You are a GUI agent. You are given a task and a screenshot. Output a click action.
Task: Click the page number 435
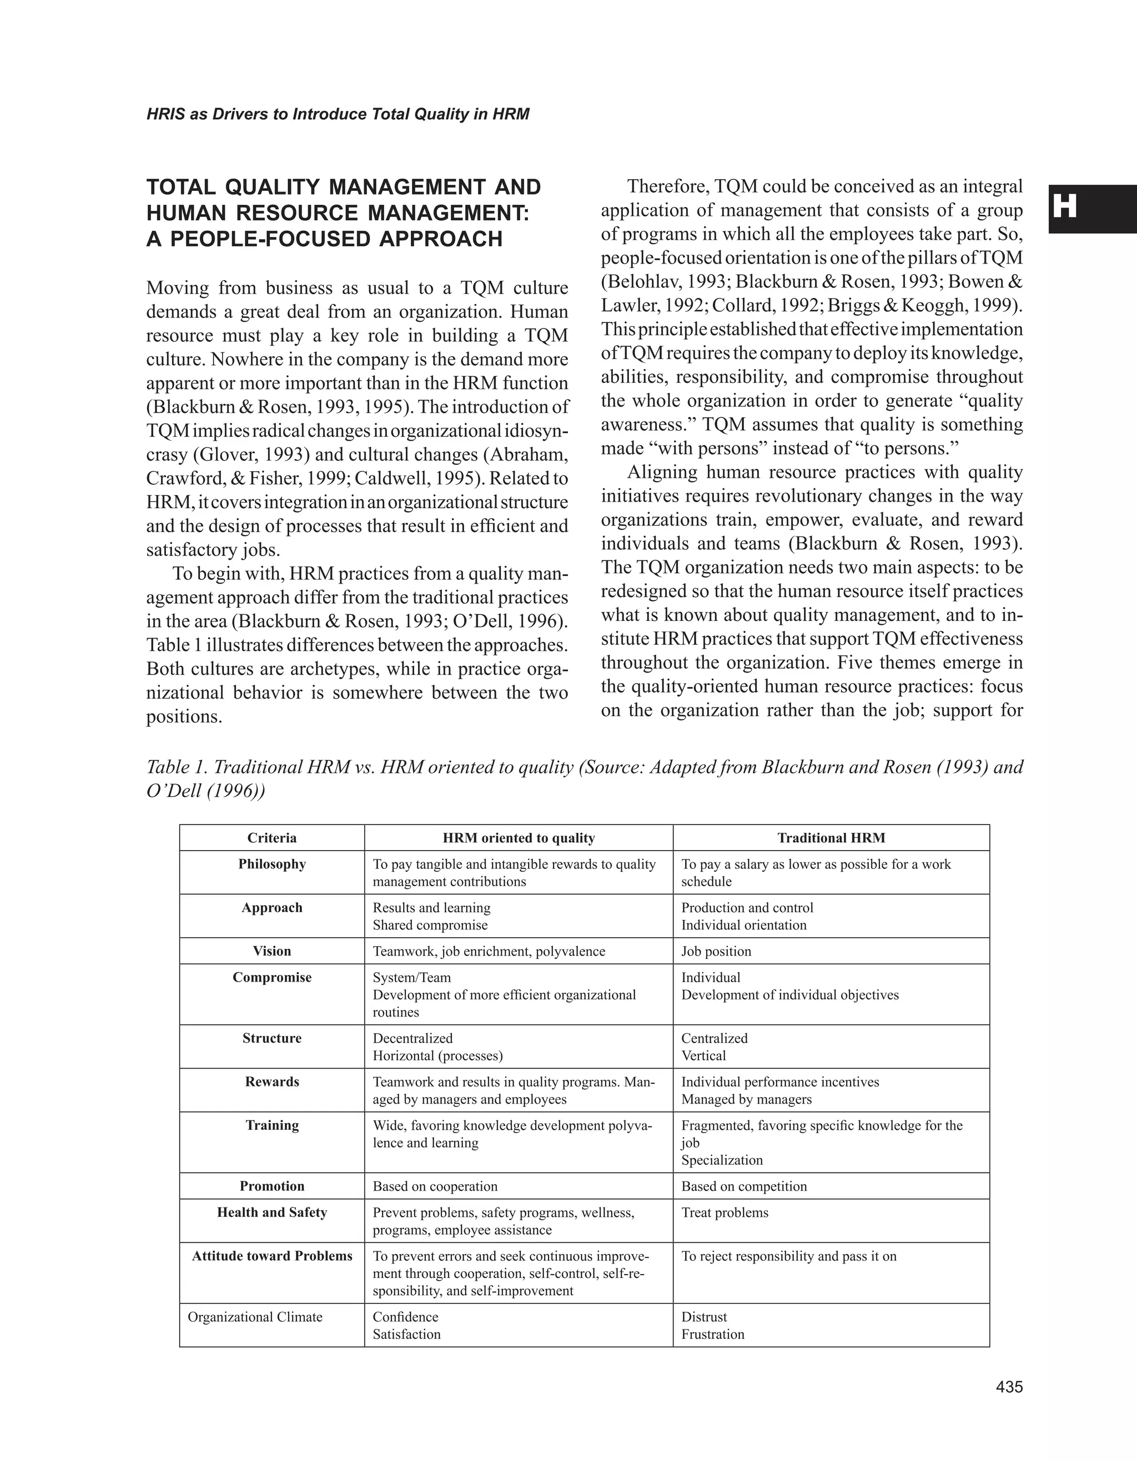(x=1009, y=1387)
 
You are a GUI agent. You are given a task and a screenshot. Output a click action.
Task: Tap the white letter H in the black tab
(x=1065, y=208)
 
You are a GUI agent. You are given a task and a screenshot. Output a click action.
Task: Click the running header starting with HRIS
(x=338, y=114)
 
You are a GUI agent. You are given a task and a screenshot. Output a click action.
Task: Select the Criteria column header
(x=271, y=837)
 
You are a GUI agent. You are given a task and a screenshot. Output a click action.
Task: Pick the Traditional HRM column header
(x=831, y=837)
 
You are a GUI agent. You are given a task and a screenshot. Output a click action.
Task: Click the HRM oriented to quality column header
(x=518, y=837)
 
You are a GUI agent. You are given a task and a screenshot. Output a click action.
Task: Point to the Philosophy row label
(x=271, y=863)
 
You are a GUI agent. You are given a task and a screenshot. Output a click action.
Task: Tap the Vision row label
(x=271, y=951)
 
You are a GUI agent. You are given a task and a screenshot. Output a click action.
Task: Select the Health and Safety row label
(x=271, y=1212)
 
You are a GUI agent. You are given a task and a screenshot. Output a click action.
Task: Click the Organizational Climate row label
(x=255, y=1317)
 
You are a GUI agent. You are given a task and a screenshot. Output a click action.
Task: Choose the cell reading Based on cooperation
(x=435, y=1186)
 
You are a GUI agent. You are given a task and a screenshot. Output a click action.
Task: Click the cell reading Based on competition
(x=743, y=1186)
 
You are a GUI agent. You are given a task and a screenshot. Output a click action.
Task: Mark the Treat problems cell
(x=725, y=1212)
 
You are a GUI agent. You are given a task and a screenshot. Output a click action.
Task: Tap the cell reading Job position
(x=716, y=951)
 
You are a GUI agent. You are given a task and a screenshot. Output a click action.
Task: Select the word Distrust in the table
(x=704, y=1317)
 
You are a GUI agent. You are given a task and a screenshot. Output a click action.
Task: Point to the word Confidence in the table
(x=405, y=1317)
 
